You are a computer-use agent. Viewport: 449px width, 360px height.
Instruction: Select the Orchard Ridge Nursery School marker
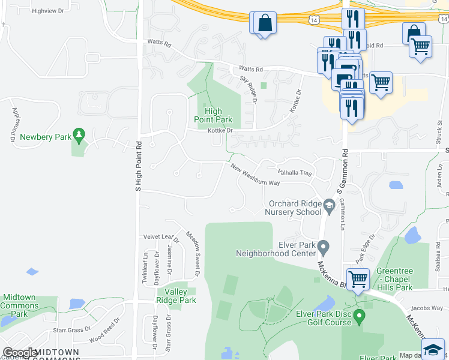click(329, 207)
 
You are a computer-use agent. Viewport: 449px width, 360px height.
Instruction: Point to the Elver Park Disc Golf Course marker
click(360, 315)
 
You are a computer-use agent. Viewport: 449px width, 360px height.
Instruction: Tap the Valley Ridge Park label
click(176, 296)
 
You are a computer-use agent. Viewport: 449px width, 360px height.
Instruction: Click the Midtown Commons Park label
click(20, 305)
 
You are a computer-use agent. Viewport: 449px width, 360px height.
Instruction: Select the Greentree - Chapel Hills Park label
click(394, 279)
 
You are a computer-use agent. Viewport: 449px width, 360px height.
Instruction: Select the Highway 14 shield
click(314, 20)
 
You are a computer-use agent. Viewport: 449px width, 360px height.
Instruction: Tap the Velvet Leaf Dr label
click(157, 237)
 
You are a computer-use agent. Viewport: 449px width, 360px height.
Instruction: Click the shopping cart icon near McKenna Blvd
click(358, 279)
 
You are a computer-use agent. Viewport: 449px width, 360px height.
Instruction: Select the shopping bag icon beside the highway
click(264, 23)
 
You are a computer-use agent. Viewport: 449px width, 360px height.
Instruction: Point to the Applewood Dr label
click(13, 125)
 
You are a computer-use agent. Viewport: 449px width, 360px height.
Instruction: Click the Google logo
click(20, 353)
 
